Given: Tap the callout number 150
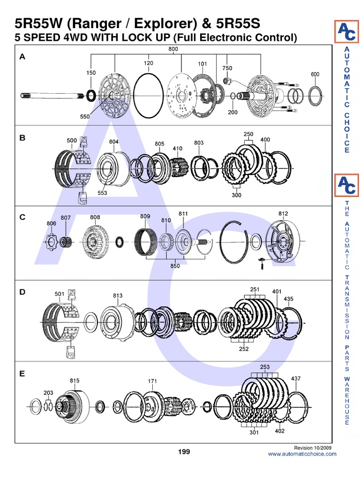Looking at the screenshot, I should pyautogui.click(x=91, y=73).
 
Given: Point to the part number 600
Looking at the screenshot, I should pyautogui.click(x=315, y=74).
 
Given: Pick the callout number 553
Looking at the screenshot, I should pyautogui.click(x=103, y=192).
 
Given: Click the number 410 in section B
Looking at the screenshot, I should pyautogui.click(x=177, y=149).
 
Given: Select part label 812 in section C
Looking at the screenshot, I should pyautogui.click(x=283, y=213).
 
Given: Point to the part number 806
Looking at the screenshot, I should pyautogui.click(x=51, y=224).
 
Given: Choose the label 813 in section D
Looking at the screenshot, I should pyautogui.click(x=118, y=295).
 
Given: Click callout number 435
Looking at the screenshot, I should pyautogui.click(x=289, y=299).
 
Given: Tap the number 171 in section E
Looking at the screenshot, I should pyautogui.click(x=152, y=381).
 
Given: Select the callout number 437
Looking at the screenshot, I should pyautogui.click(x=296, y=378).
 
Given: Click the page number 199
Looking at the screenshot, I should pyautogui.click(x=184, y=452).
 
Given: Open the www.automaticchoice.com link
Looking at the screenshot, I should pyautogui.click(x=302, y=454).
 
